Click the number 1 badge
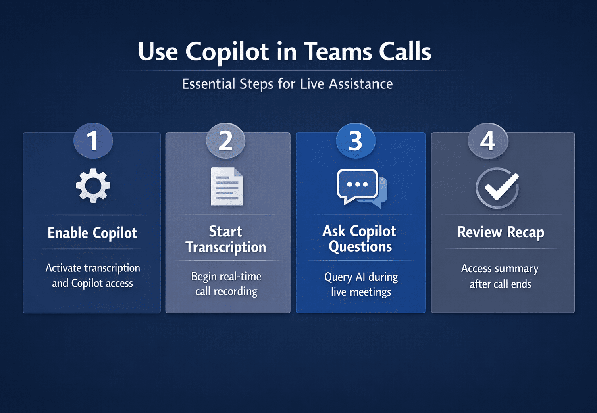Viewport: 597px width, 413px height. (93, 140)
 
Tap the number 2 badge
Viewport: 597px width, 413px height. (225, 140)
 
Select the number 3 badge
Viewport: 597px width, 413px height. (356, 140)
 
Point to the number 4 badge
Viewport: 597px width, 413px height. (488, 140)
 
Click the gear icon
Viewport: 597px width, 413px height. (93, 185)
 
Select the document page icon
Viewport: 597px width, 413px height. (227, 186)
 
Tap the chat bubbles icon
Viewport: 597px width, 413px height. (362, 188)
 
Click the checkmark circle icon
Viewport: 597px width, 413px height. (497, 188)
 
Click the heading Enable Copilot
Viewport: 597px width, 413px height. (92, 233)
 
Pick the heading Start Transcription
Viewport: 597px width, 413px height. (226, 239)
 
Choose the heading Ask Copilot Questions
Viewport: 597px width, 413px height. (360, 239)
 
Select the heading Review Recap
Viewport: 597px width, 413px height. (501, 232)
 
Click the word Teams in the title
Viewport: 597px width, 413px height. (338, 52)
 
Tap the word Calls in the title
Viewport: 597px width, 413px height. (405, 52)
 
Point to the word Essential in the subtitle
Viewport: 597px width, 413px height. (209, 84)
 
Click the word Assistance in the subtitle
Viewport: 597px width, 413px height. (361, 84)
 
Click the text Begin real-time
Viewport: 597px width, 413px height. (226, 277)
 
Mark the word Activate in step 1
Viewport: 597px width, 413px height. (63, 268)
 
